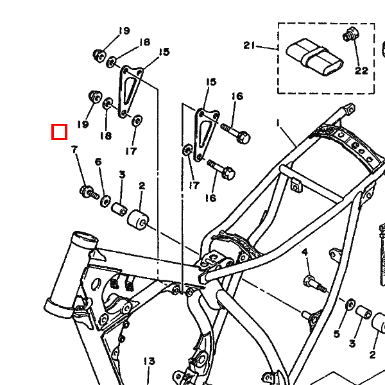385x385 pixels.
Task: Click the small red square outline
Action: point(59,132)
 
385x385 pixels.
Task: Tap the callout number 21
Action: point(250,46)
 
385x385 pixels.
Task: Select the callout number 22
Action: point(362,71)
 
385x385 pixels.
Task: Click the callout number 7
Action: point(74,150)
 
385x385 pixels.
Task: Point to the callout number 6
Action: point(98,162)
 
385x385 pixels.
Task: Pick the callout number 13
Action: point(149,362)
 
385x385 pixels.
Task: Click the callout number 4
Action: point(305,251)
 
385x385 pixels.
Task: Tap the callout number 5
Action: point(336,334)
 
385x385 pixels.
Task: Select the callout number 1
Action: point(278,122)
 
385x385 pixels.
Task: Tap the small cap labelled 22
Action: point(350,34)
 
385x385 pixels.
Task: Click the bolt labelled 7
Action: point(88,191)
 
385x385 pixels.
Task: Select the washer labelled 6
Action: point(105,201)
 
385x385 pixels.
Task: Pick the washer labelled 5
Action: point(350,303)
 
